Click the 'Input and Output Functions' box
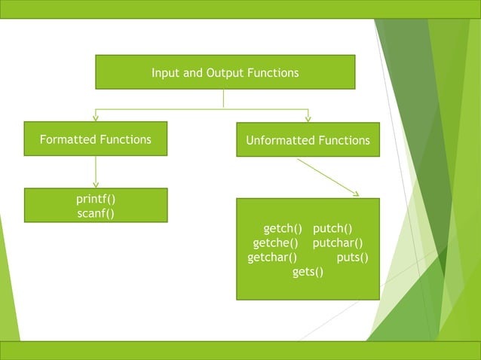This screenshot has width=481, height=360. [x=225, y=72]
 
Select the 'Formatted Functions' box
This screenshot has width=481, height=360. [x=95, y=139]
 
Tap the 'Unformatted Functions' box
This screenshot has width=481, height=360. [x=308, y=140]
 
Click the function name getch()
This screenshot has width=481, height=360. [x=283, y=228]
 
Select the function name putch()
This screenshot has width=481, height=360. [x=333, y=228]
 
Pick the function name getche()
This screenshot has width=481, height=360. [x=276, y=243]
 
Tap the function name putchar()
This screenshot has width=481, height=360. [x=338, y=243]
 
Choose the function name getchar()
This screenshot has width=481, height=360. [x=272, y=257]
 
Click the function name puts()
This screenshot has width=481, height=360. [x=352, y=257]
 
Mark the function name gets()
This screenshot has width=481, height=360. [x=308, y=271]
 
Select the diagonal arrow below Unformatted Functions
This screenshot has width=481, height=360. [x=327, y=177]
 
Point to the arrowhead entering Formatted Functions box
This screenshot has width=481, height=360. [x=96, y=117]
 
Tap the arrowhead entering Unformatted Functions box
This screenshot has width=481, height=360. [x=308, y=118]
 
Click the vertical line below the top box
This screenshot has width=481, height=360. [x=224, y=99]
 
